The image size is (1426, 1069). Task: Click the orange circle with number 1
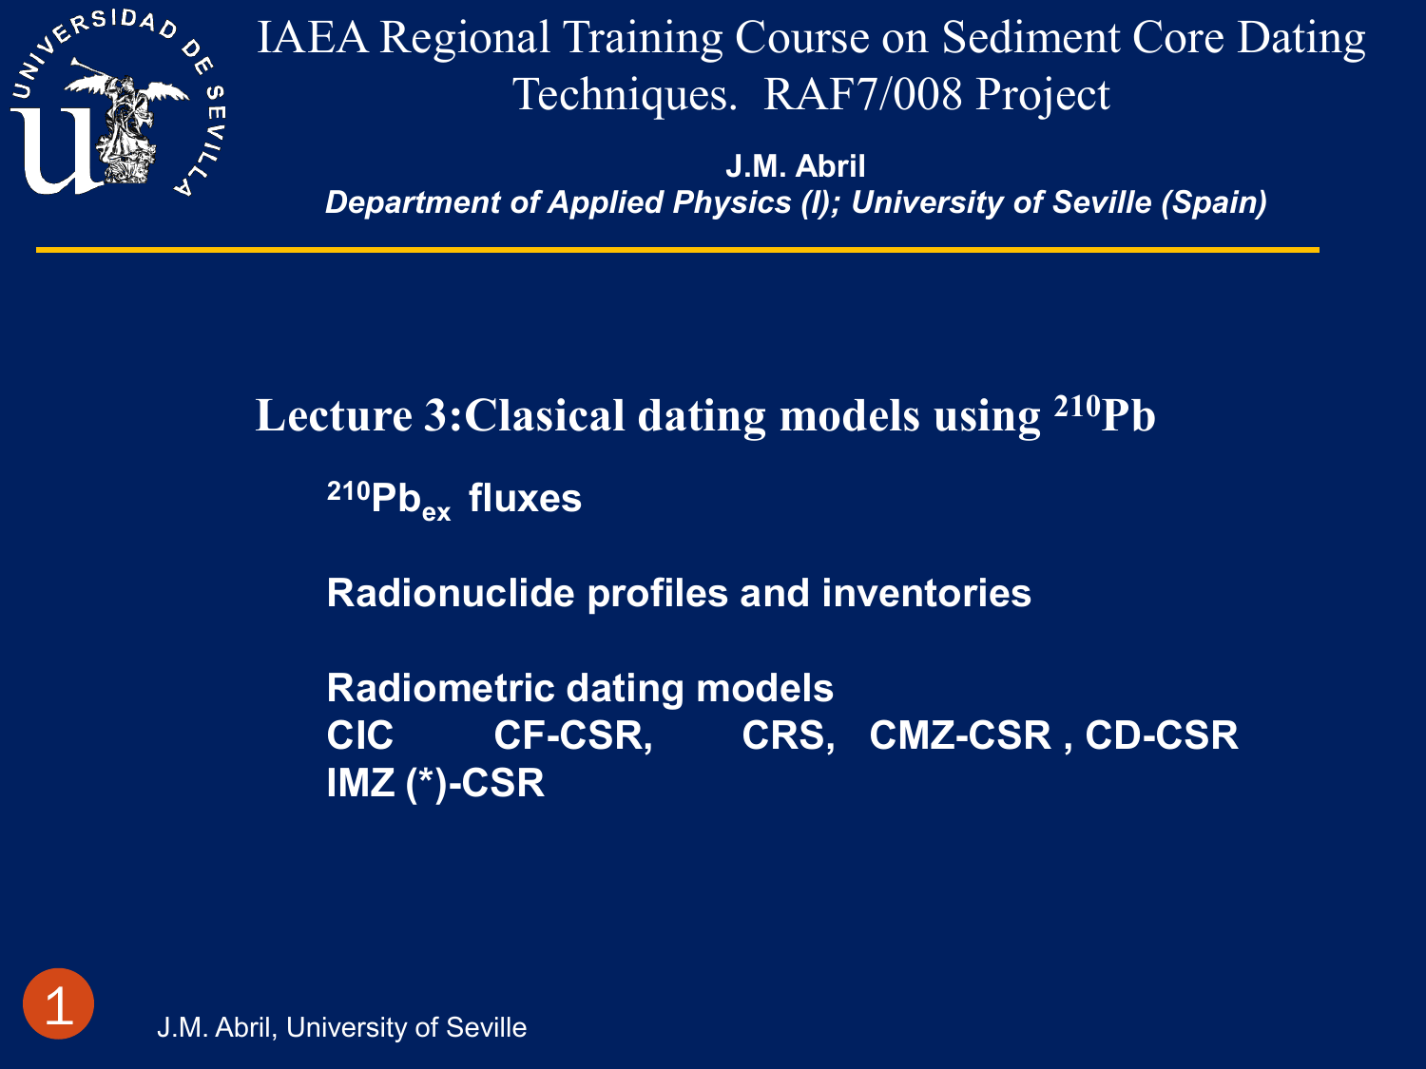point(59,1003)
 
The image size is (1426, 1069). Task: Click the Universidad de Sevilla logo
point(118,103)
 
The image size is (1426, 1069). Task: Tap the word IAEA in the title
point(313,37)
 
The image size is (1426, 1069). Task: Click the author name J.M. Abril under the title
point(795,166)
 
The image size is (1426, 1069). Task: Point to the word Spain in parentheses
point(1214,202)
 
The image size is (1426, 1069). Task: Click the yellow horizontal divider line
point(678,250)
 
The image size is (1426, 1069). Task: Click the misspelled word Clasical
point(545,415)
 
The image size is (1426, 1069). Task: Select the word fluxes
point(525,499)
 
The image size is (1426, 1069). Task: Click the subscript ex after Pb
point(436,512)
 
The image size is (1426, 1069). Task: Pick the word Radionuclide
point(451,593)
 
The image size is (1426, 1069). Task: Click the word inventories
point(926,593)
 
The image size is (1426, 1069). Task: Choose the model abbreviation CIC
point(360,735)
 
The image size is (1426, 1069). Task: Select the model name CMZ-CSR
point(960,735)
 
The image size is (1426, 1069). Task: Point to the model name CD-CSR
point(1162,735)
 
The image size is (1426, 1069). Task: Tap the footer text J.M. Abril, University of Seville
point(341,1027)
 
